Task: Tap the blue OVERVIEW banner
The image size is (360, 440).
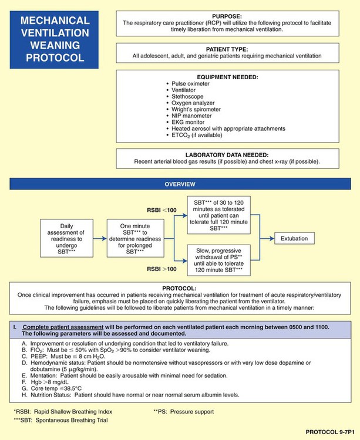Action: pos(180,184)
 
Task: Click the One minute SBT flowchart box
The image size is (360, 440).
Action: pos(133,239)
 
